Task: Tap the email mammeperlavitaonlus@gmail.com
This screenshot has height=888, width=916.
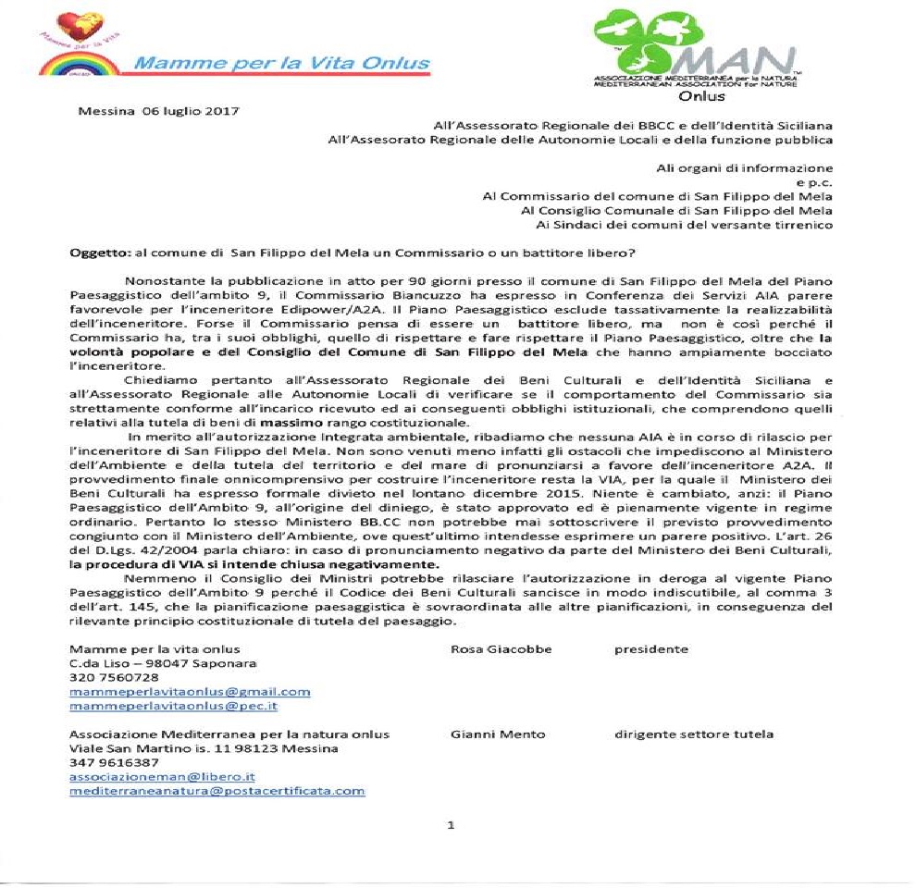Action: point(190,691)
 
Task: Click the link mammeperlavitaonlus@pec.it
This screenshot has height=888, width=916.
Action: point(174,706)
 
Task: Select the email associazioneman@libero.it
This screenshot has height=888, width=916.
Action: point(162,777)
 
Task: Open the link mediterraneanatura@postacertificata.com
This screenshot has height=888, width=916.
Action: point(217,791)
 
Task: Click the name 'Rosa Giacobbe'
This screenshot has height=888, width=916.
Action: point(501,648)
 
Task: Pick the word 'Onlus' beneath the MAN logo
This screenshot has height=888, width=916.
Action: point(702,95)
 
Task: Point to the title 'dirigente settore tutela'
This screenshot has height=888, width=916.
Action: point(694,734)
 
